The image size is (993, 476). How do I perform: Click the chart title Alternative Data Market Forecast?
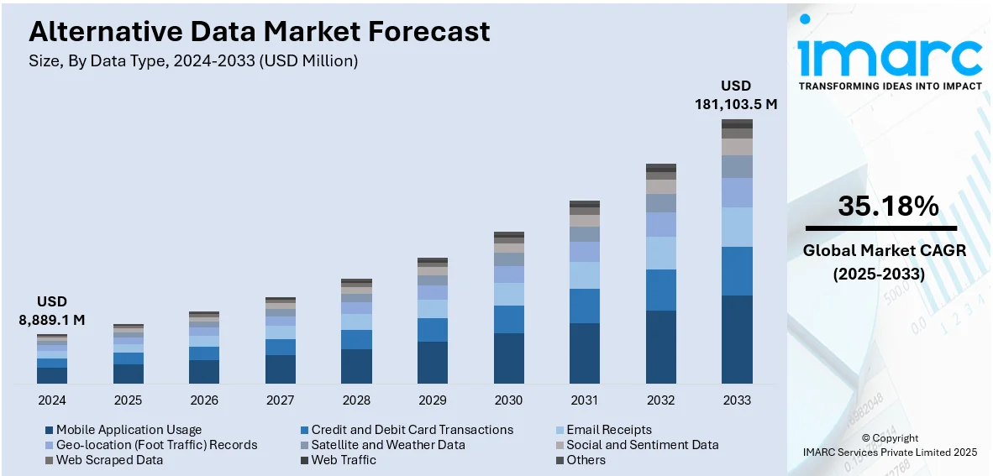259,32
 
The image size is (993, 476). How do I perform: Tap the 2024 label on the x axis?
52,400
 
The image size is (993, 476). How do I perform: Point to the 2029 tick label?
433,400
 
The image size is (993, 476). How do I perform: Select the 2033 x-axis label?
737,400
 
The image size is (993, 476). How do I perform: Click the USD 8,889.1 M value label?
51,311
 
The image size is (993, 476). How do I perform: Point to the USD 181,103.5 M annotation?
736,95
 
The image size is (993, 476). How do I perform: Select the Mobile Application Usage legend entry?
129,430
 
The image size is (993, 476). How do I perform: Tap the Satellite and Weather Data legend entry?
387,445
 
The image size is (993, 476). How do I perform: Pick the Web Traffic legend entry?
343,460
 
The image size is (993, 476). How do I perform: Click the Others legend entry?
586,460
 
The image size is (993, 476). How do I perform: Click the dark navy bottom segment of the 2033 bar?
737,339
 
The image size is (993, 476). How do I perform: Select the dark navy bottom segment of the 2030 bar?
509,358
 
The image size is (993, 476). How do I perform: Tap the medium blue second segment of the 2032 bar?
661,290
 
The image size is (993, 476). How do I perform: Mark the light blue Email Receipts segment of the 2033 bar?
737,227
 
